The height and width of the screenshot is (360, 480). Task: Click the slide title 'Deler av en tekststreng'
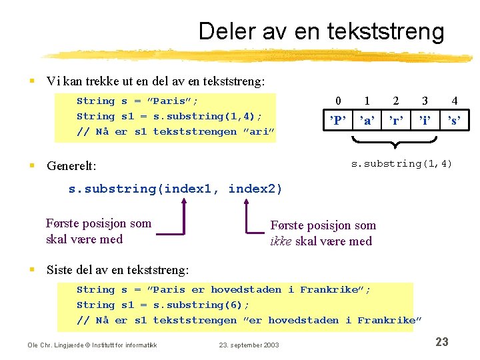pyautogui.click(x=321, y=31)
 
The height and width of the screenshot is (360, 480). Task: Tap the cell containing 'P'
pyautogui.click(x=339, y=121)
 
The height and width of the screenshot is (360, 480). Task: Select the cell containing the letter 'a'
pyautogui.click(x=367, y=121)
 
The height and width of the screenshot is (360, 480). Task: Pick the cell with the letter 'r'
pyautogui.click(x=396, y=121)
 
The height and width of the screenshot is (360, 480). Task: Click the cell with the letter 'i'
pyautogui.click(x=425, y=121)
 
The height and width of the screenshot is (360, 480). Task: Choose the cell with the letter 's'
pyautogui.click(x=454, y=121)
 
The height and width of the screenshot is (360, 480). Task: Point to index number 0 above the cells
pyautogui.click(x=339, y=101)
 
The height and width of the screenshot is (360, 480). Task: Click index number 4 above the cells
pyautogui.click(x=454, y=101)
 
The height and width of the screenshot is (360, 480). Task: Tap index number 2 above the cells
pyautogui.click(x=396, y=101)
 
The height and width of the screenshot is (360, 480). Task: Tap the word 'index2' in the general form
pyautogui.click(x=255, y=189)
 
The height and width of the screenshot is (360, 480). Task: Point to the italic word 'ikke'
pyautogui.click(x=281, y=241)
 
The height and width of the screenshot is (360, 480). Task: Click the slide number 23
pyautogui.click(x=441, y=342)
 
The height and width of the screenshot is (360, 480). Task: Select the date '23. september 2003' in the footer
pyautogui.click(x=249, y=345)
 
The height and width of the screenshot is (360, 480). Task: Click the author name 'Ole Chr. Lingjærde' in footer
pyautogui.click(x=57, y=345)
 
